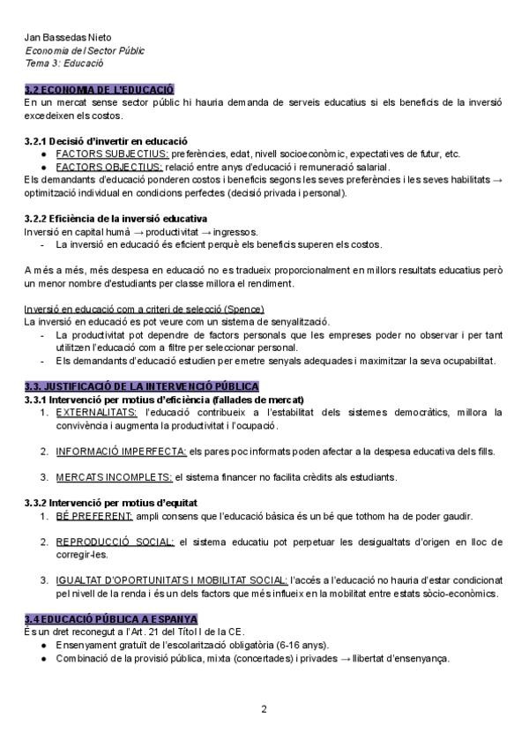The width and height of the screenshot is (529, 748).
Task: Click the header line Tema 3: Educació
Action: pos(64,64)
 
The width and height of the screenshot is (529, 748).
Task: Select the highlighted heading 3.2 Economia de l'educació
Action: pos(100,89)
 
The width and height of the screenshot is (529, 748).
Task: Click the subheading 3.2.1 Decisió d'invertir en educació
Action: pos(105,141)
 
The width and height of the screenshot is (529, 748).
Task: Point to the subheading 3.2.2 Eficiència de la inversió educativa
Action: pos(115,218)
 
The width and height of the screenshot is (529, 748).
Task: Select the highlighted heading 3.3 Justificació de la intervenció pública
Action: pos(142,386)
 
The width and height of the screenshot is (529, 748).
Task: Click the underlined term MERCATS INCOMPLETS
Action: pos(114,477)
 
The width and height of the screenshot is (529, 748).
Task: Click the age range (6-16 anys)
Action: pos(321,646)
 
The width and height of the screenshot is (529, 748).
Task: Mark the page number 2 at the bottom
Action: pos(264,709)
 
